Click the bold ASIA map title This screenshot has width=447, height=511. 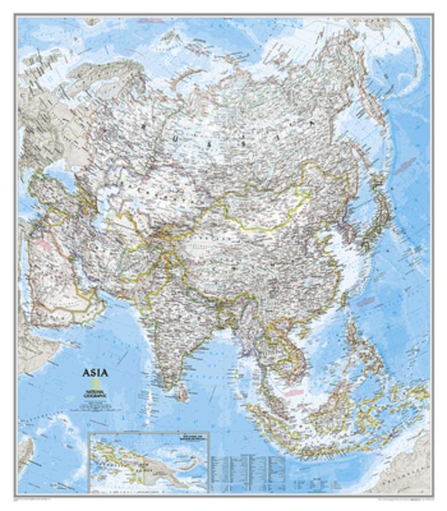pyautogui.click(x=95, y=373)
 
